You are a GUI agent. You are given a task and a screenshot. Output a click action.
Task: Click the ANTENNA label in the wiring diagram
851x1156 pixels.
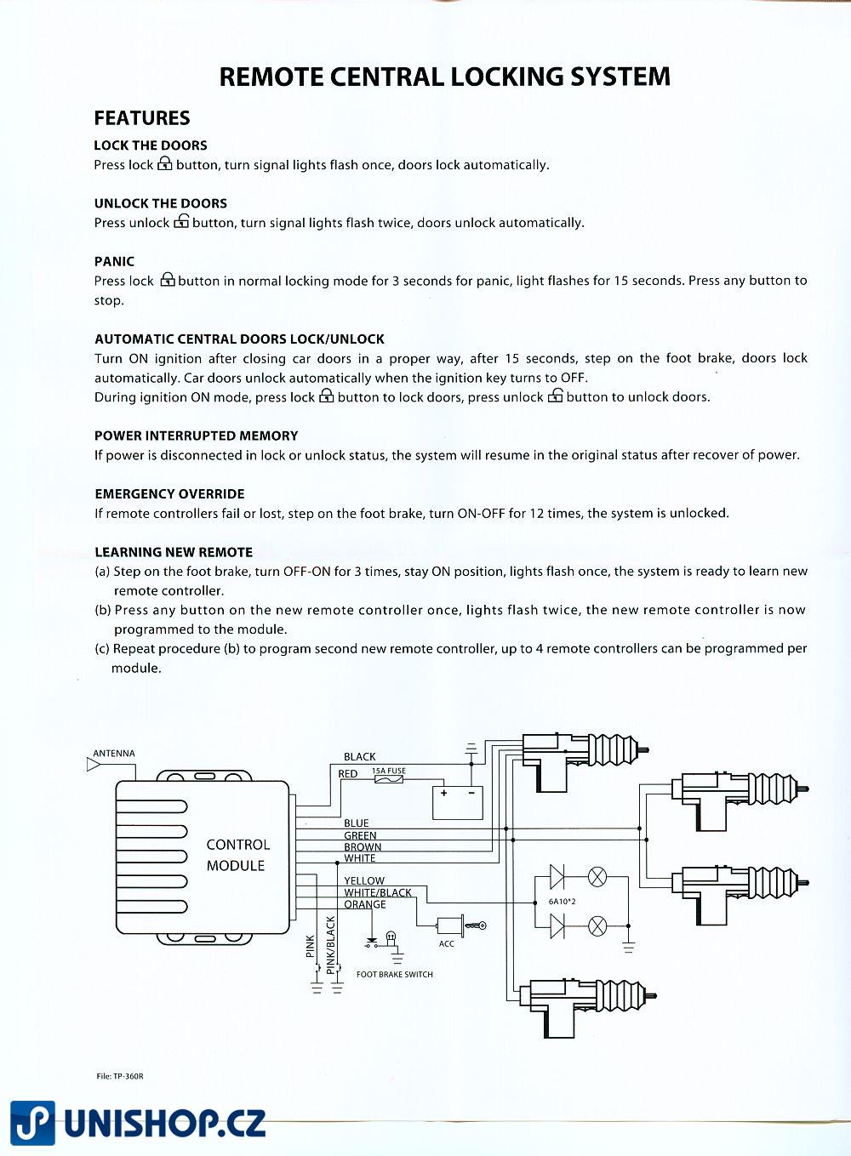point(113,754)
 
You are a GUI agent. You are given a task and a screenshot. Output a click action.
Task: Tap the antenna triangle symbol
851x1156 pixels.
point(94,765)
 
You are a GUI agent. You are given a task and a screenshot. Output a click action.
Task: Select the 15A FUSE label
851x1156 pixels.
point(389,771)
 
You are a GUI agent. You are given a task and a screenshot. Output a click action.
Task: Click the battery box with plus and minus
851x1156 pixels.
point(458,802)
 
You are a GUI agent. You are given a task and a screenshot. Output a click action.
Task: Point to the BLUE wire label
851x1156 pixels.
point(357,823)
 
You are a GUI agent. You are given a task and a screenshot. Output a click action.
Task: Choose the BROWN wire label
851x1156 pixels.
point(363,847)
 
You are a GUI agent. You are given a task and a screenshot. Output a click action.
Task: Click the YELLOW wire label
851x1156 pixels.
point(364,881)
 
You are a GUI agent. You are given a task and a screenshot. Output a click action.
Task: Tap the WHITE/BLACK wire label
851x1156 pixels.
point(378,893)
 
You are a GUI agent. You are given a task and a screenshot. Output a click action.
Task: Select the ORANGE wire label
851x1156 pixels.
point(365,904)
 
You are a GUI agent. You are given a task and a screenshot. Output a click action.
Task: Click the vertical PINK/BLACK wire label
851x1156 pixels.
point(331,944)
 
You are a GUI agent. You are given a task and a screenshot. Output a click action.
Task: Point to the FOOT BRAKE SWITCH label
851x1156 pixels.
point(394,975)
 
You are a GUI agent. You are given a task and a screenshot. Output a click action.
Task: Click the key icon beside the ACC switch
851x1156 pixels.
point(477,925)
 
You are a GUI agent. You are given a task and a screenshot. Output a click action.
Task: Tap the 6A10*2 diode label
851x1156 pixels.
point(563,901)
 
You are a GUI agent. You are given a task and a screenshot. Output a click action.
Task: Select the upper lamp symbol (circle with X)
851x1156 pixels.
point(597,876)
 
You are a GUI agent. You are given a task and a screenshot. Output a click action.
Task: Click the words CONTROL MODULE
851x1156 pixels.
point(237,855)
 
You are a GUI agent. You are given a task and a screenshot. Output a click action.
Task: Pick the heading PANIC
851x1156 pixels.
point(114,261)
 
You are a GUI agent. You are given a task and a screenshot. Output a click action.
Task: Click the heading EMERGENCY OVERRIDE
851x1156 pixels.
point(169,494)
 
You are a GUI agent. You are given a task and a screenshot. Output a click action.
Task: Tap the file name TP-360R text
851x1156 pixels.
point(120,1076)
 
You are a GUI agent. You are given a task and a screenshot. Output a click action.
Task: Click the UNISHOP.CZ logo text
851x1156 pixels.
point(165,1124)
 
